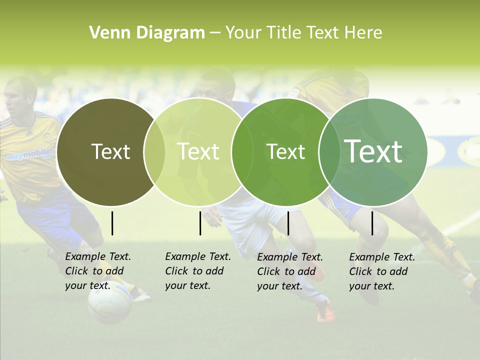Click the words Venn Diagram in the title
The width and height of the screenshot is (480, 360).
pyautogui.click(x=147, y=33)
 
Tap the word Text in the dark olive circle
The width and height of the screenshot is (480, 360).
pyautogui.click(x=110, y=151)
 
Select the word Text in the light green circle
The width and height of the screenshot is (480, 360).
pyautogui.click(x=198, y=151)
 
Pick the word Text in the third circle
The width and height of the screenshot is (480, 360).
pyautogui.click(x=285, y=151)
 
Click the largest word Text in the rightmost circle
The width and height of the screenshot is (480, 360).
pyautogui.click(x=373, y=151)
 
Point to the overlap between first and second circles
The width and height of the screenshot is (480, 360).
pyautogui.click(x=154, y=152)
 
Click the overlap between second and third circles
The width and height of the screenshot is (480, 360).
pyautogui.click(x=242, y=152)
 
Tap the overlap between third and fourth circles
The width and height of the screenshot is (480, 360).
pyautogui.click(x=329, y=152)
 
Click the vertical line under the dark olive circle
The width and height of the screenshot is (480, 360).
pyautogui.click(x=112, y=223)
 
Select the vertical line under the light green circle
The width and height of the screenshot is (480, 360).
pyautogui.click(x=200, y=223)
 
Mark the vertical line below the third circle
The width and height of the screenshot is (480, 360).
pyautogui.click(x=288, y=223)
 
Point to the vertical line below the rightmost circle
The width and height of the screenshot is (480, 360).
pyautogui.click(x=372, y=223)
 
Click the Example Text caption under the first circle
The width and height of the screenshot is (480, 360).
pyautogui.click(x=98, y=271)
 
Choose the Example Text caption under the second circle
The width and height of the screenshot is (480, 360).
pyautogui.click(x=198, y=271)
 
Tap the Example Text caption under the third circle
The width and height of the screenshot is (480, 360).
pyautogui.click(x=290, y=271)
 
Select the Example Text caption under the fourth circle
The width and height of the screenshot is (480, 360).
pyautogui.click(x=382, y=271)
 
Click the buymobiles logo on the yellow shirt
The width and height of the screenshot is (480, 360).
pyautogui.click(x=29, y=155)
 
